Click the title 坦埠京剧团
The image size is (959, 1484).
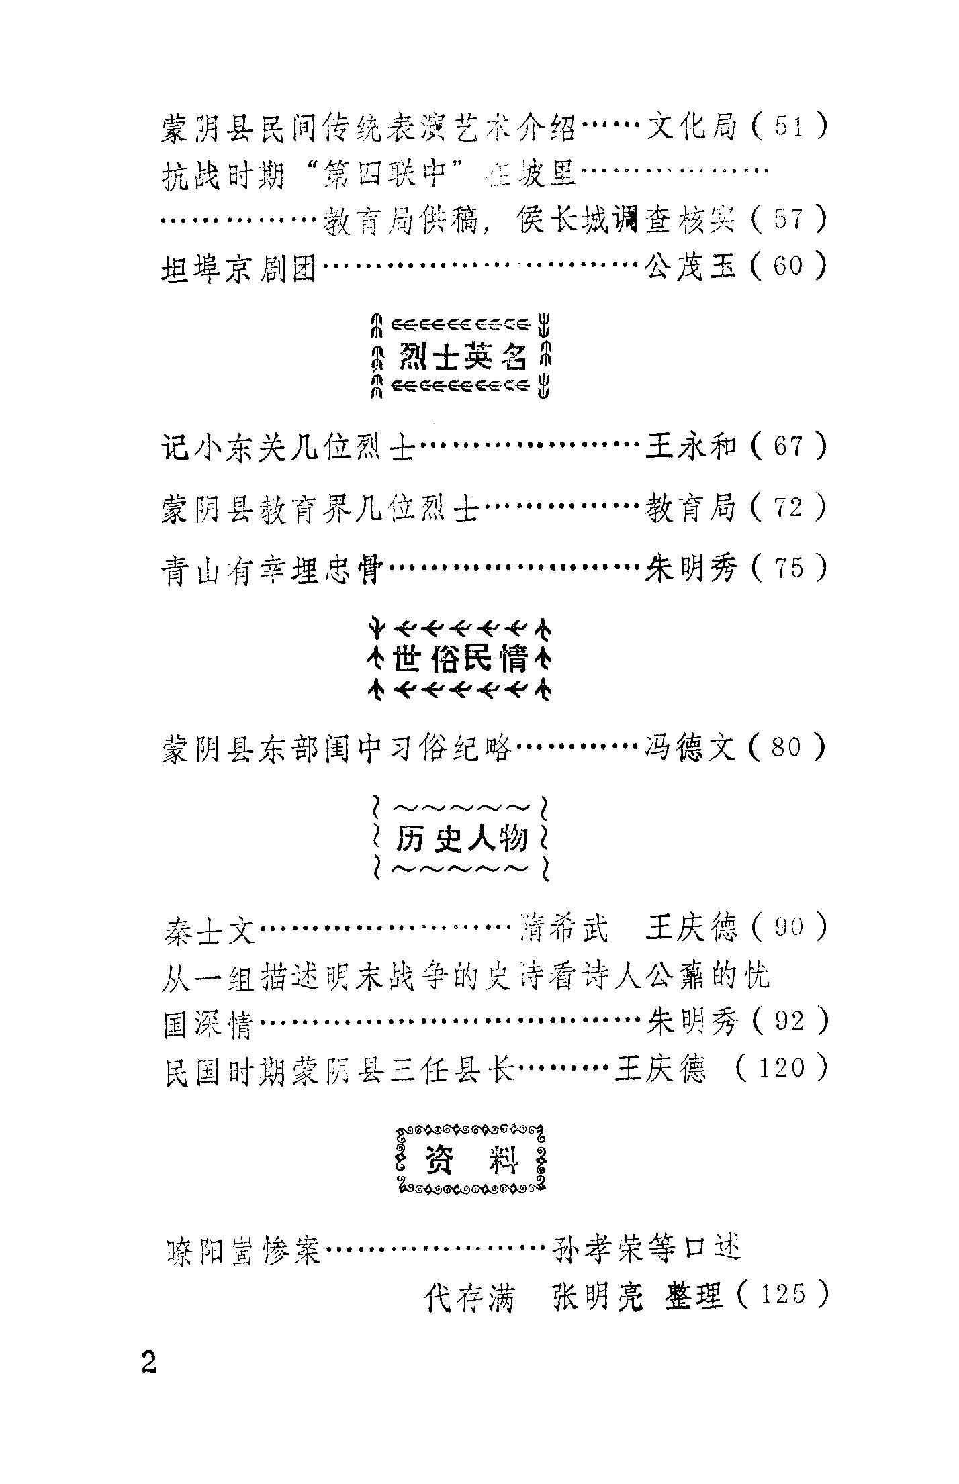(239, 268)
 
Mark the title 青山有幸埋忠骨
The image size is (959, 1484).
(273, 570)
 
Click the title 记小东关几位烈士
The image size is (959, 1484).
(289, 447)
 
